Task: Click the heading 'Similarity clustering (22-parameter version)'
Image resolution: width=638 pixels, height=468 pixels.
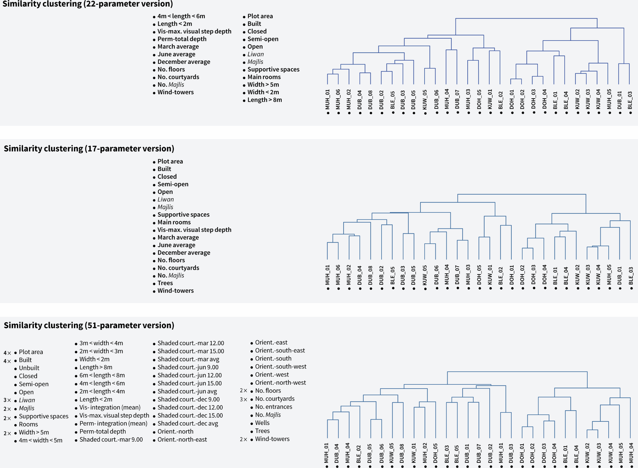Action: click(x=88, y=4)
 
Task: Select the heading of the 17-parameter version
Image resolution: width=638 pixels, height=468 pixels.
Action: click(x=89, y=149)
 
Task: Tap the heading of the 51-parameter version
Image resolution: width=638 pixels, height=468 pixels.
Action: click(x=89, y=325)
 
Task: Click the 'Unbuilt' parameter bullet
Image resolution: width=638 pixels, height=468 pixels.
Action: click(x=29, y=368)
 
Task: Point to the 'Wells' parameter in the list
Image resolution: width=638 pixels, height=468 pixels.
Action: click(x=262, y=423)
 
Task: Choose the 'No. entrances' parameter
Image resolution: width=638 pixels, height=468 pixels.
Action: click(x=273, y=407)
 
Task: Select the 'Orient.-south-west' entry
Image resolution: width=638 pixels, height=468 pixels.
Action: click(x=280, y=367)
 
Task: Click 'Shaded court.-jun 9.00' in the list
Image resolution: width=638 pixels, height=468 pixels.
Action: click(x=188, y=367)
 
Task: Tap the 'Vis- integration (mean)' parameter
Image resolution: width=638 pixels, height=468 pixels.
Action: click(x=110, y=407)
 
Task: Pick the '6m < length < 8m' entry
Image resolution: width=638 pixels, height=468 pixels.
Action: click(x=102, y=375)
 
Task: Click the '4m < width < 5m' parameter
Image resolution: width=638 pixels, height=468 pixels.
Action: click(x=41, y=441)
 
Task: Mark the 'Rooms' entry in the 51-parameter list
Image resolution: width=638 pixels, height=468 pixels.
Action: click(x=28, y=425)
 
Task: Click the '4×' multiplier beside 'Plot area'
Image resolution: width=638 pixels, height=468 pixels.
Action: click(x=7, y=353)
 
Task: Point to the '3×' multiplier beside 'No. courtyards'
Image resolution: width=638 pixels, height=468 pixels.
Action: click(x=243, y=399)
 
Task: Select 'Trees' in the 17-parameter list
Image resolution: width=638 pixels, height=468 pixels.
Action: click(x=165, y=283)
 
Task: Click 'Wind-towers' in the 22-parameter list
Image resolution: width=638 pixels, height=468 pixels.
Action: click(x=175, y=93)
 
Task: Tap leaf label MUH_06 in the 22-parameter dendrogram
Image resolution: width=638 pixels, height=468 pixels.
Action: click(x=338, y=100)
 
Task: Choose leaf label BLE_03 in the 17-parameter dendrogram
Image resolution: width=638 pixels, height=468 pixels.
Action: click(x=631, y=276)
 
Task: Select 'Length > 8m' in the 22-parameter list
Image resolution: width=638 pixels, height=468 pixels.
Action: click(x=264, y=100)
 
